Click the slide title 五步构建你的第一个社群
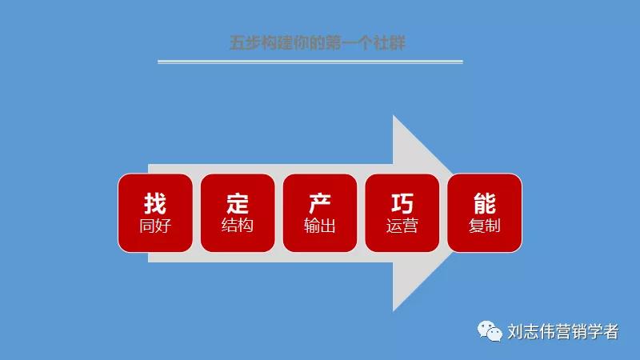[318, 42]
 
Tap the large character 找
[155, 203]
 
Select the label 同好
[155, 226]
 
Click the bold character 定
[238, 203]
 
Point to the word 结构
[238, 226]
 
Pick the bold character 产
[320, 203]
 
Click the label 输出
[320, 226]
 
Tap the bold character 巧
[402, 203]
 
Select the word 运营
[402, 226]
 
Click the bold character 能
[485, 203]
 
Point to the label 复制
[485, 226]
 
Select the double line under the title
[310, 62]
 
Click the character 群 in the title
[398, 42]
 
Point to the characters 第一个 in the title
[350, 42]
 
